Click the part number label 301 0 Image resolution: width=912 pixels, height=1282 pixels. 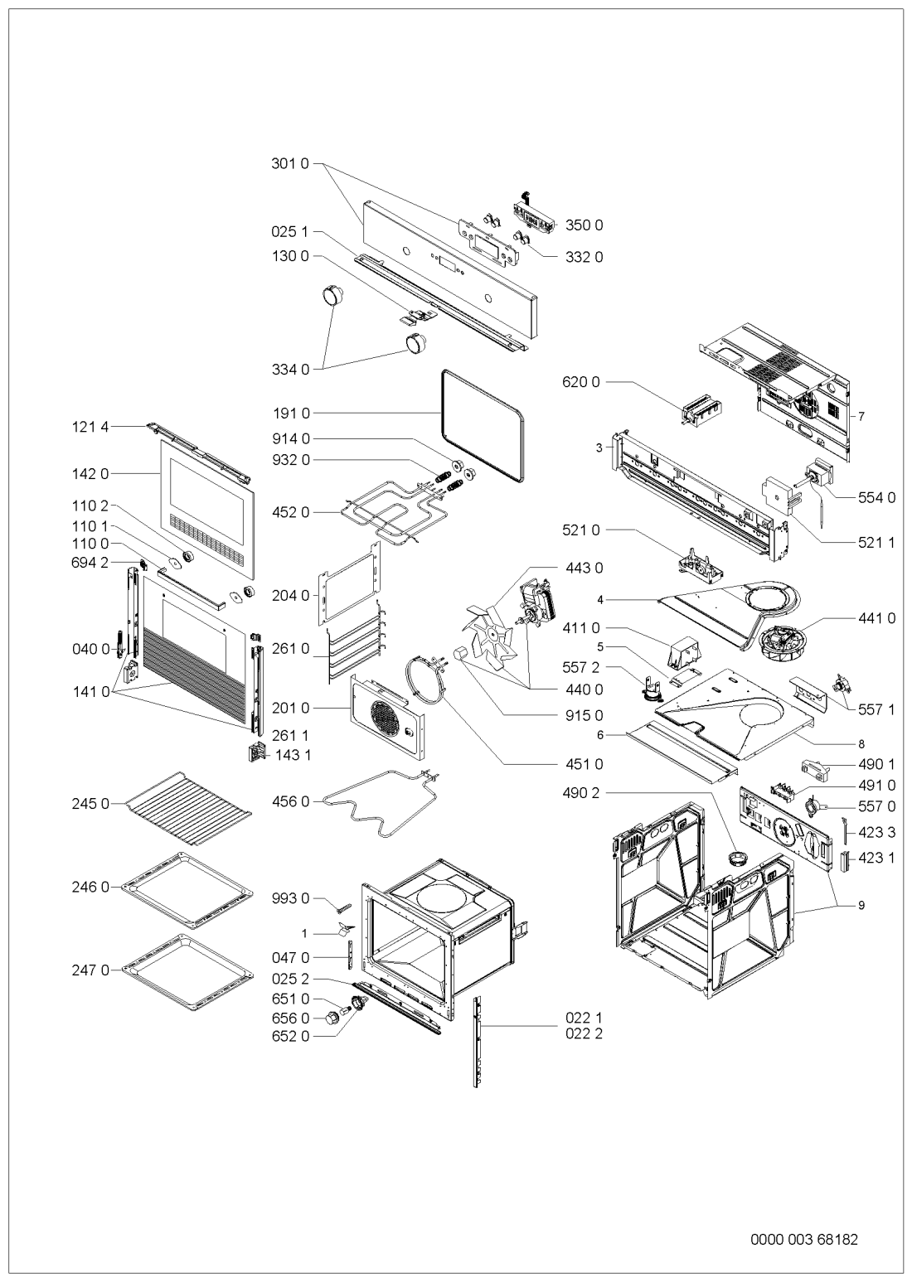289,164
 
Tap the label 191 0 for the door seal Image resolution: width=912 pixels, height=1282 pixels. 291,413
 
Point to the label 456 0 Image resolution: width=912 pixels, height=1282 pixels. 290,802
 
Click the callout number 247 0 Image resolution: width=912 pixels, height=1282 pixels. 90,970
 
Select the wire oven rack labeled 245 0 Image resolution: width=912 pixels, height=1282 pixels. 188,808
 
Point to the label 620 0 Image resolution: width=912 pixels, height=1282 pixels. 581,382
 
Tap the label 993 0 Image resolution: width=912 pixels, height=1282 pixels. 290,898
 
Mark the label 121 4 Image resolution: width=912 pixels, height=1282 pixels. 90,427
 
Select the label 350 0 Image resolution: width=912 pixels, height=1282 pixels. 584,225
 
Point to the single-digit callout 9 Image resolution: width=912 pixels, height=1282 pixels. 861,906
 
